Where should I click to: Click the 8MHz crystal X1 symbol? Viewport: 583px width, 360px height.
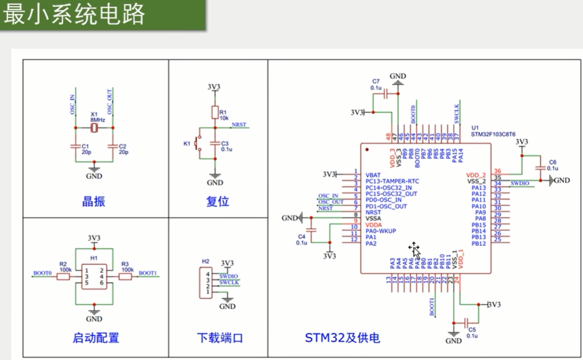pyautogui.click(x=95, y=128)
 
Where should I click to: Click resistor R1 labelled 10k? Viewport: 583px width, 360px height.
pyautogui.click(x=214, y=112)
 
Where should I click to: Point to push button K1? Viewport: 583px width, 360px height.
pyautogui.click(x=197, y=144)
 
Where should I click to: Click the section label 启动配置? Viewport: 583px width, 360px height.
pyautogui.click(x=96, y=338)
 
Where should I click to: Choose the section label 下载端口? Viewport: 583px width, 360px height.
pyautogui.click(x=219, y=338)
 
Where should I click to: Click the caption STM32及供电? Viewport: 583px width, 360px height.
pyautogui.click(x=343, y=338)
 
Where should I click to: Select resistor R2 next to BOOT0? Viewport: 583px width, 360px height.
pyautogui.click(x=63, y=276)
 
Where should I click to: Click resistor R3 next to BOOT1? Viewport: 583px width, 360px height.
pyautogui.click(x=125, y=276)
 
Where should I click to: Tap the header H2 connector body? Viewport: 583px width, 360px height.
pyautogui.click(x=206, y=284)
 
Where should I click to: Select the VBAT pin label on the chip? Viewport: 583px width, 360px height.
pyautogui.click(x=373, y=174)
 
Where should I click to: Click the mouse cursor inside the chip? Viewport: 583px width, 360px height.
pyautogui.click(x=414, y=248)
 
